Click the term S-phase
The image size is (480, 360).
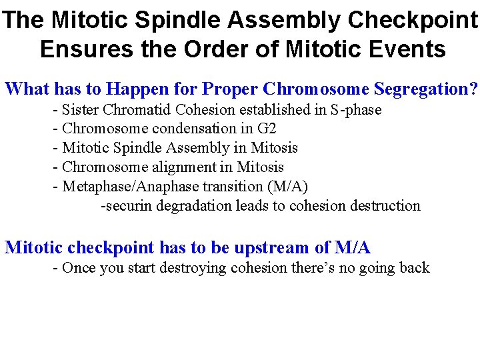click(356, 109)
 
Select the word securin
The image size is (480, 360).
click(123, 205)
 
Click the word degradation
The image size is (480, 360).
click(190, 205)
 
